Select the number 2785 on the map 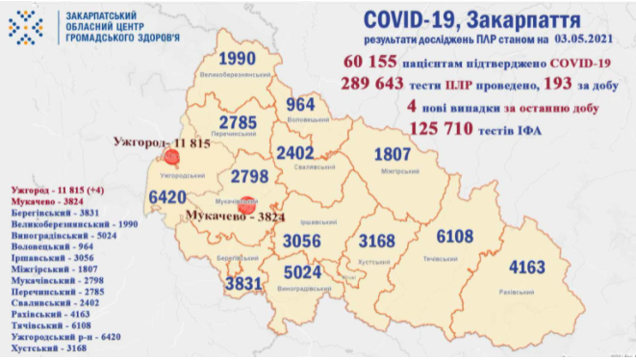click(236, 123)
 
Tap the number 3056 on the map click(303, 240)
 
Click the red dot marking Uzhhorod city click(172, 159)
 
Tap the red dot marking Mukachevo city click(246, 204)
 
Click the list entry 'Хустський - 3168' click(38, 349)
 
